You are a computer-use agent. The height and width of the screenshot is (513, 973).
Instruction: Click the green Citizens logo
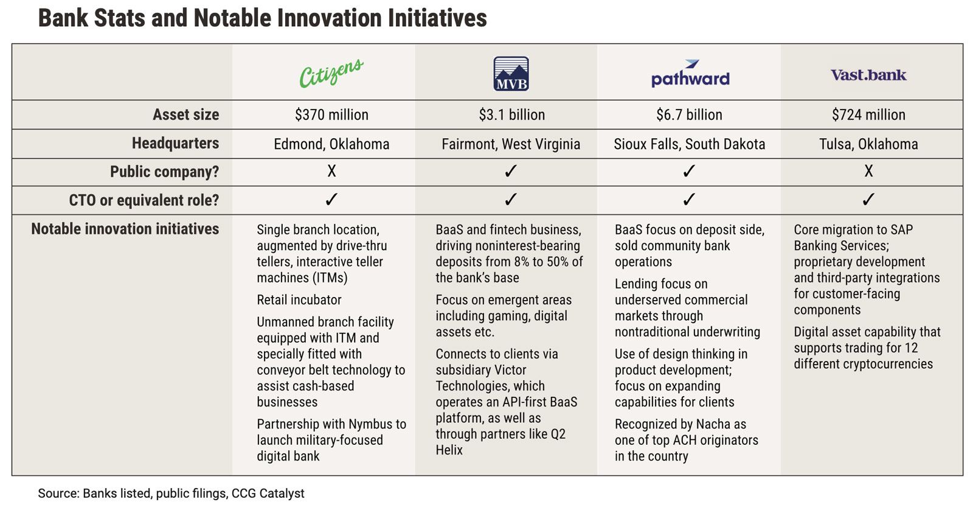coord(331,72)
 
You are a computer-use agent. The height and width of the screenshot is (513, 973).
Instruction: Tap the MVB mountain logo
coord(511,74)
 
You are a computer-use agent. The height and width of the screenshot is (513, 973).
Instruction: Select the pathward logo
coord(690,73)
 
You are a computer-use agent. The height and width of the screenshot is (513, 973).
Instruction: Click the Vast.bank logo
coord(868,75)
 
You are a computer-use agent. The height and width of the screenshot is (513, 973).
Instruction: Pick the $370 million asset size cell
coord(331,115)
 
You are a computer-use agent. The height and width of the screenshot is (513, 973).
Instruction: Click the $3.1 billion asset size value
coord(511,115)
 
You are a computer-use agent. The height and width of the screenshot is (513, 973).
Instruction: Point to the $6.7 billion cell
coord(690,115)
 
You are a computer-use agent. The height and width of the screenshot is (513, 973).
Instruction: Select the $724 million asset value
coord(868,115)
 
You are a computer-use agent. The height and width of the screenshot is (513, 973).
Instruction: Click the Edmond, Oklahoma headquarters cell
coord(331,144)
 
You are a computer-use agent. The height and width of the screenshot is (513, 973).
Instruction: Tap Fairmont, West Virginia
coord(511,144)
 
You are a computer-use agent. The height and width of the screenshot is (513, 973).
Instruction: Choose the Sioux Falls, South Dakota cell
coord(690,144)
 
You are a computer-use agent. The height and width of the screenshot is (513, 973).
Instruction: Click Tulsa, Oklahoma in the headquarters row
coord(868,144)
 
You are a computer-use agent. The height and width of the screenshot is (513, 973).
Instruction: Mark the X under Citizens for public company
coord(331,171)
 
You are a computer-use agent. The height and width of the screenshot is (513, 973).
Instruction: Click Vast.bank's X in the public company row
coord(868,171)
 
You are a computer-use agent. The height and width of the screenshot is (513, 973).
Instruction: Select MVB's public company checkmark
coord(511,171)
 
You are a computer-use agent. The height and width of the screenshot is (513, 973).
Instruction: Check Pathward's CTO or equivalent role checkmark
coord(689,200)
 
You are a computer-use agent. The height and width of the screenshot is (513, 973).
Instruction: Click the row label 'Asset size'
coord(186,115)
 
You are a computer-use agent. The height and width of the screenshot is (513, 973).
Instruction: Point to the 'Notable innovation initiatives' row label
coord(125,229)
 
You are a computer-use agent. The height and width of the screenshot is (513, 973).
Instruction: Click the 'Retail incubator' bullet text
coord(299,300)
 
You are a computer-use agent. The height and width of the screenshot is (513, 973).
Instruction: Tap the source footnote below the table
coord(171,494)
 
